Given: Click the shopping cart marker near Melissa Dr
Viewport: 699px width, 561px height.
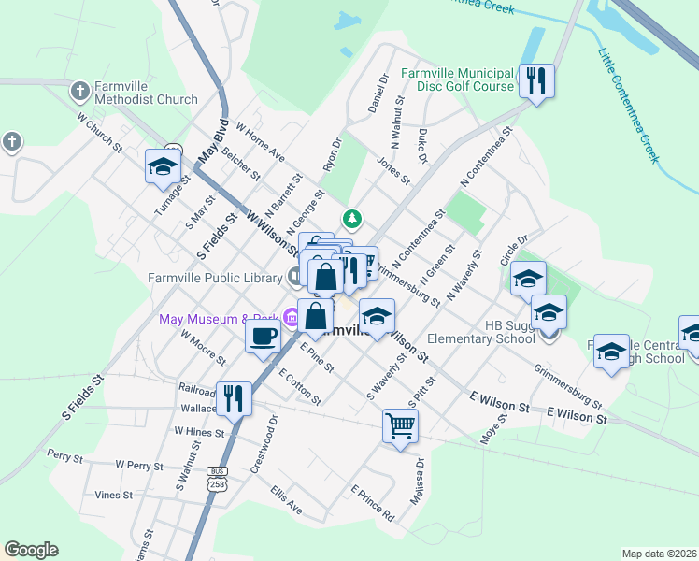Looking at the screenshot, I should click(400, 426).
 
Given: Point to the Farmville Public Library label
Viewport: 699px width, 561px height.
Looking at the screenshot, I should click(214, 277).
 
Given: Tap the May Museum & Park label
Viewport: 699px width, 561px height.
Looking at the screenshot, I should click(221, 319).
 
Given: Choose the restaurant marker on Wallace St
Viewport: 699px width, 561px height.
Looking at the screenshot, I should click(234, 398).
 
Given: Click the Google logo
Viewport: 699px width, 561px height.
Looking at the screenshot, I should click(31, 550).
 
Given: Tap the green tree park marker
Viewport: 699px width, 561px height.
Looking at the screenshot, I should click(352, 219).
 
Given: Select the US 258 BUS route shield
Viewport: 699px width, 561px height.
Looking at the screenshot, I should click(218, 477).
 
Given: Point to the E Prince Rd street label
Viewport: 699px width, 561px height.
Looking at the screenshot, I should click(373, 502).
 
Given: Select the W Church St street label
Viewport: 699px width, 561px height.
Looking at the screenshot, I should click(100, 133).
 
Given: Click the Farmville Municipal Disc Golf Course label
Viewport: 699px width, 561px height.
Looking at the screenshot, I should click(458, 79).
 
